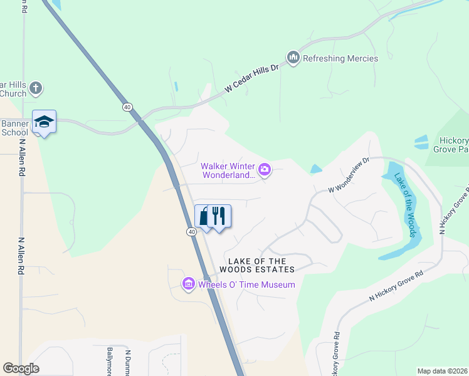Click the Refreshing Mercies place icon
[x=293, y=58]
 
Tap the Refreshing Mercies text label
[x=340, y=59]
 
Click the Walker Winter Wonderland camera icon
[x=265, y=169]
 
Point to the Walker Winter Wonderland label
[x=228, y=171]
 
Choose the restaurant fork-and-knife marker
[x=219, y=216]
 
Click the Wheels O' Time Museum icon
[x=188, y=285]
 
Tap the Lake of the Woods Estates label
[x=256, y=265]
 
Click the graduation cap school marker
[x=44, y=121]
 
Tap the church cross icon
[x=36, y=88]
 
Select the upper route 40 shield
[x=127, y=107]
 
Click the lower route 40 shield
[x=191, y=231]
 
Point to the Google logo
[x=21, y=368]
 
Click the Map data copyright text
[x=442, y=371]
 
